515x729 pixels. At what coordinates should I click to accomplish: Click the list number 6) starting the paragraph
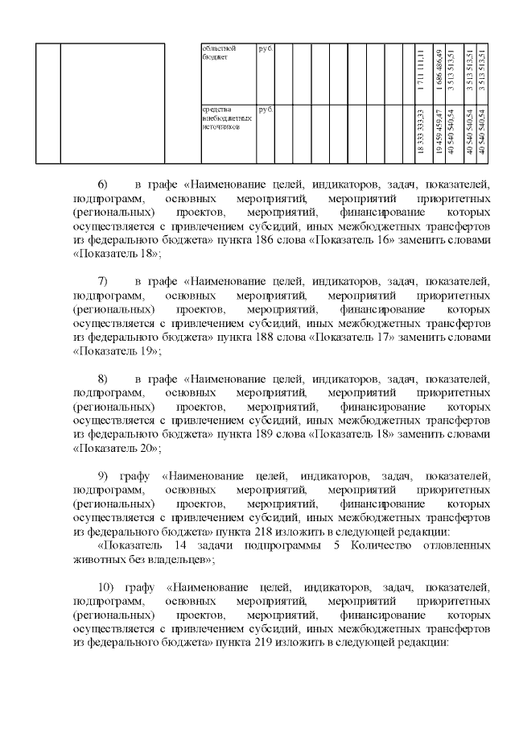pos(101,184)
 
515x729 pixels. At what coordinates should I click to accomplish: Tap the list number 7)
pos(101,281)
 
